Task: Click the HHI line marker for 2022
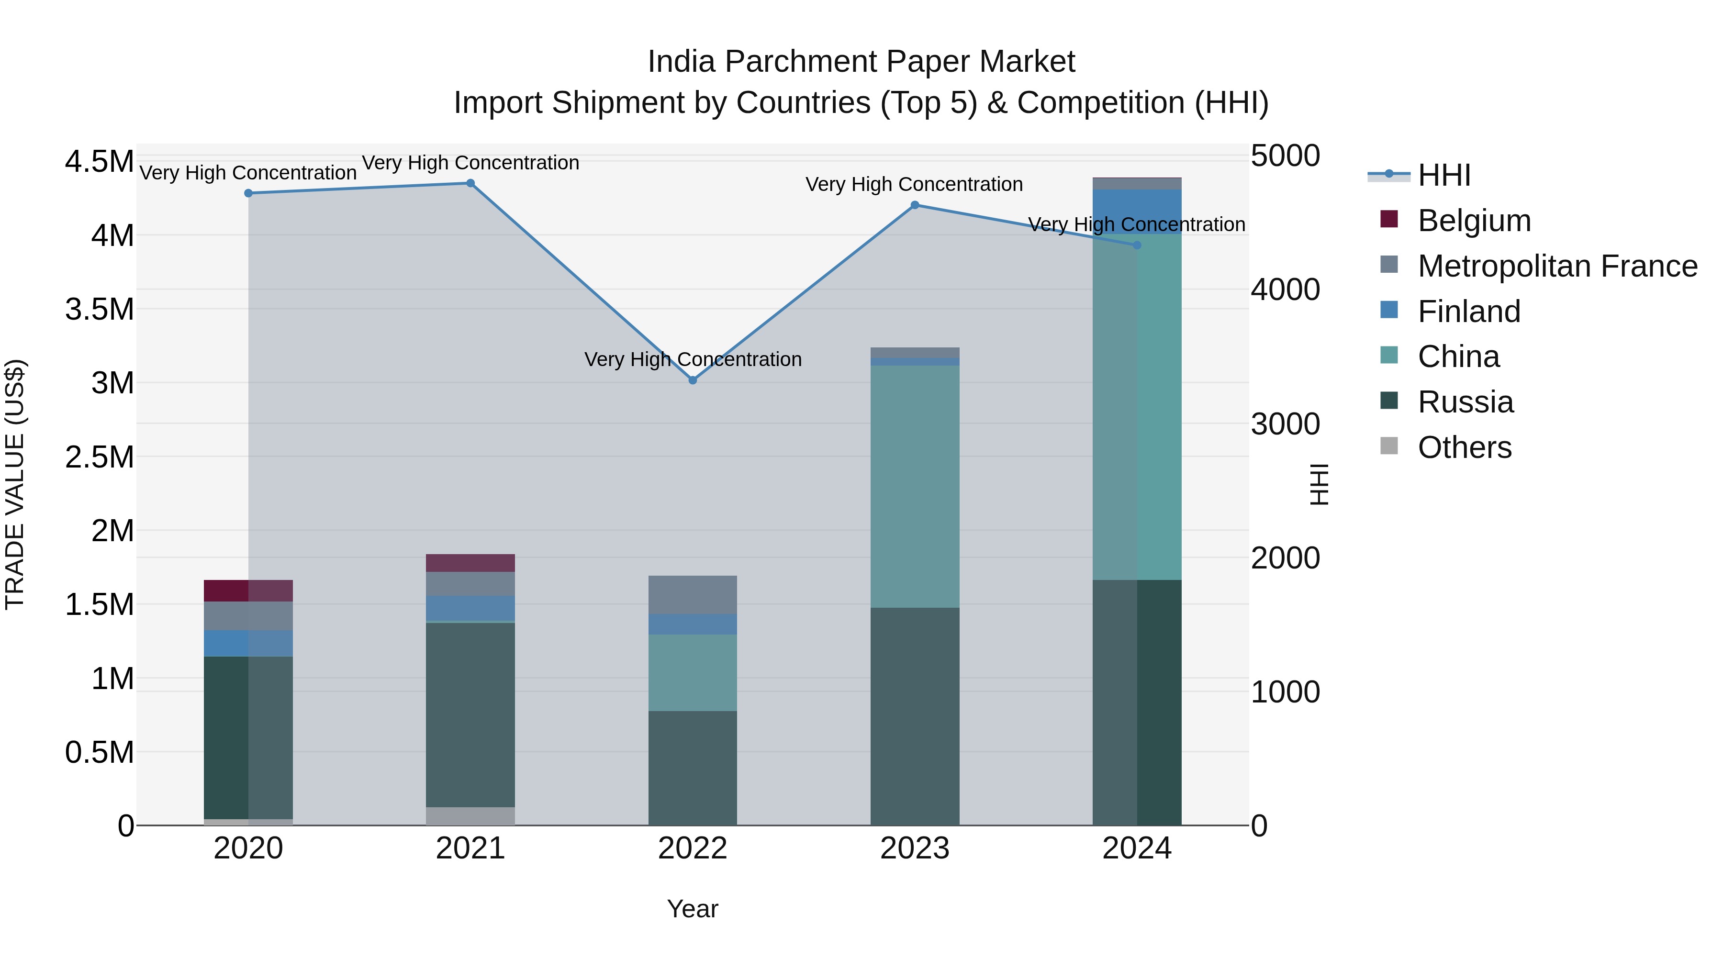692,380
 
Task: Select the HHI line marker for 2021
470,183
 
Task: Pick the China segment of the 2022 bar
692,672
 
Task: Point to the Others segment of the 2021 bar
470,816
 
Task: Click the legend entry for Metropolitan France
1556,266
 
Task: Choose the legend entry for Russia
1465,402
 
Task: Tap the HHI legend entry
1443,175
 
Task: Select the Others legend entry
1464,447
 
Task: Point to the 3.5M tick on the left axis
99,310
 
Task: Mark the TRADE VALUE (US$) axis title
15,484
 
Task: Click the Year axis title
692,909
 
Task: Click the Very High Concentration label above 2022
692,360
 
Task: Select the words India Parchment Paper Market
861,62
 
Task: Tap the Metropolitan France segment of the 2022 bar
692,594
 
